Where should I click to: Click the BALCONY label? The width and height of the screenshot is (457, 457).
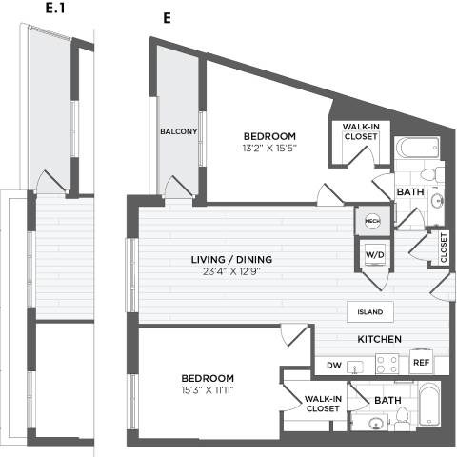pyautogui.click(x=178, y=131)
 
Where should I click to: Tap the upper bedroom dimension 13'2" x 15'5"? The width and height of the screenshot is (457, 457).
pyautogui.click(x=268, y=148)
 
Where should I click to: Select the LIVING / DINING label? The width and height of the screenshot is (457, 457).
pyautogui.click(x=232, y=260)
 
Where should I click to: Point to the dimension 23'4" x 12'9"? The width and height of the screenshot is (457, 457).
pyautogui.click(x=232, y=273)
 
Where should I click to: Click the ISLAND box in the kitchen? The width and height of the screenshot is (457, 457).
pyautogui.click(x=370, y=312)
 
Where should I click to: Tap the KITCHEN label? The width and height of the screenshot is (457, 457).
pyautogui.click(x=378, y=340)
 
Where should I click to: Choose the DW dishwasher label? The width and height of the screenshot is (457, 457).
pyautogui.click(x=333, y=364)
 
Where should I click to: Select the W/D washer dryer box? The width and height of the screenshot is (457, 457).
pyautogui.click(x=373, y=254)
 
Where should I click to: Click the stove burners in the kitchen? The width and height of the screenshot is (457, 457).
pyautogui.click(x=386, y=363)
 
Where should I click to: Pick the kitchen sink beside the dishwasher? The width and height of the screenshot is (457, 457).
pyautogui.click(x=357, y=366)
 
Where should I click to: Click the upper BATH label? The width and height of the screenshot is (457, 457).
pyautogui.click(x=410, y=191)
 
